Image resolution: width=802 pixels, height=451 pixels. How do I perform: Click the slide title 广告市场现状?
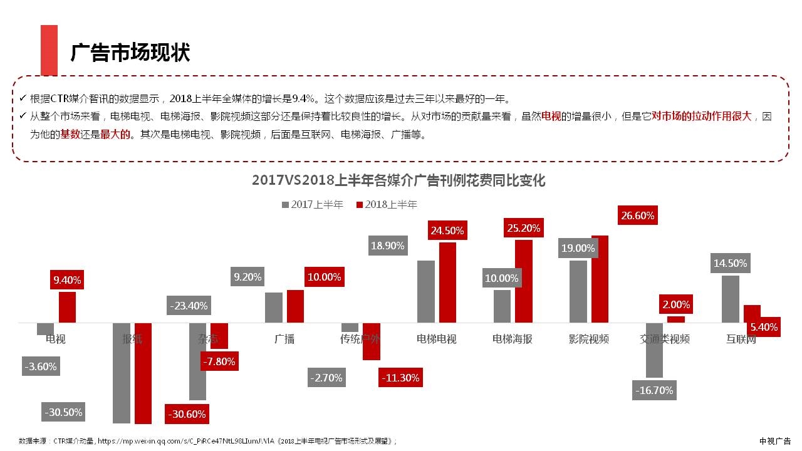(x=130, y=53)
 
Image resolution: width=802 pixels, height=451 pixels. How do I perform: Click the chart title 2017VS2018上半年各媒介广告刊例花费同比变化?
(x=398, y=180)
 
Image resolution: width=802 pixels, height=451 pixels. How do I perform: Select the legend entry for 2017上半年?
(x=313, y=205)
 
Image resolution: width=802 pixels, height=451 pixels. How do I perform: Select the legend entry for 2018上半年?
(x=387, y=205)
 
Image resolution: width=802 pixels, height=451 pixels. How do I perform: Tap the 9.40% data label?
(x=67, y=280)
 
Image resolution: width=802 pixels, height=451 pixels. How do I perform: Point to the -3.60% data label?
(x=41, y=366)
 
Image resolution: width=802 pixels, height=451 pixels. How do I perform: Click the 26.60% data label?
(x=637, y=216)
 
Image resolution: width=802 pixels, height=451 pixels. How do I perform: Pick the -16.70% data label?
(x=654, y=390)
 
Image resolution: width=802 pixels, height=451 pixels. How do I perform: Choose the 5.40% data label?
(x=763, y=327)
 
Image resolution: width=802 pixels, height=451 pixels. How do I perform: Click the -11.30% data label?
(x=400, y=378)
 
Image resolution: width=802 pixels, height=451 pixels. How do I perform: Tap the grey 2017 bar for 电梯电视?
(x=425, y=291)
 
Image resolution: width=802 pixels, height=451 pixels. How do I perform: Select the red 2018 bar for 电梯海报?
(x=523, y=281)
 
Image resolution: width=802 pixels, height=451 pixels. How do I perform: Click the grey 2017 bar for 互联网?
(x=730, y=299)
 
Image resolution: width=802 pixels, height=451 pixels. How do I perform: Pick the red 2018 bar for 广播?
(x=295, y=306)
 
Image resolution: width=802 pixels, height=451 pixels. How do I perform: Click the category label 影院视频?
(x=588, y=340)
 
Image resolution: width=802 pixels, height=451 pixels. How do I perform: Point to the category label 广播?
(x=284, y=340)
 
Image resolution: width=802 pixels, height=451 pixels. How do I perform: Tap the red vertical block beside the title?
(x=49, y=50)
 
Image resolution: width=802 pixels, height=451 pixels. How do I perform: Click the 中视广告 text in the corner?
(x=775, y=441)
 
